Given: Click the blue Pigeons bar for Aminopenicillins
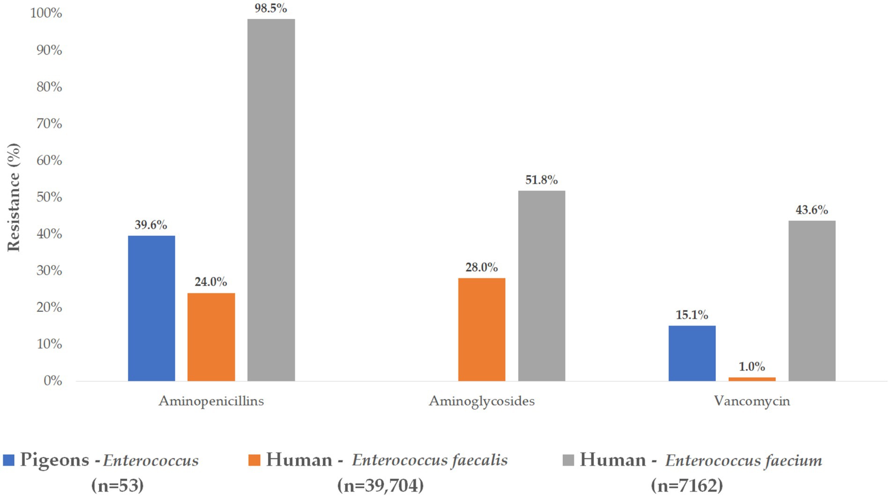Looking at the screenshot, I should click(x=151, y=308).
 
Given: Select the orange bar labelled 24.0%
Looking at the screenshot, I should click(x=211, y=337).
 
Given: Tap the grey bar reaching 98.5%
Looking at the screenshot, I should click(x=271, y=200).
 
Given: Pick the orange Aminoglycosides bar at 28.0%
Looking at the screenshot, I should click(x=482, y=329).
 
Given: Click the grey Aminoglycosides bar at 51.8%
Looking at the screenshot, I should click(x=542, y=286).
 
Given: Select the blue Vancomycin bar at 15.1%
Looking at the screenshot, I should click(x=692, y=353).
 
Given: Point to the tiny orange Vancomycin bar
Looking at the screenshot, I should click(x=752, y=379).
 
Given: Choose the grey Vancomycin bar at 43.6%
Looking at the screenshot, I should click(x=812, y=301).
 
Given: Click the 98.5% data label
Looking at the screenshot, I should click(x=271, y=8).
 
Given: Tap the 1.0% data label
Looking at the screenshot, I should click(x=752, y=366).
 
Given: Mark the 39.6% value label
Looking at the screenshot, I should click(x=151, y=225).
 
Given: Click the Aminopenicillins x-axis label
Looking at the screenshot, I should click(x=211, y=401).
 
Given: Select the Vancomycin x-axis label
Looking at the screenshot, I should click(x=752, y=401).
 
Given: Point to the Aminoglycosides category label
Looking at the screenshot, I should click(x=482, y=401).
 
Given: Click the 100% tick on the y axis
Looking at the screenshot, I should click(x=46, y=13).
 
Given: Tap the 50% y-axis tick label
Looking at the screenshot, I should click(x=49, y=197).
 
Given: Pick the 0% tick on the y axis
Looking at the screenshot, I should click(x=52, y=381).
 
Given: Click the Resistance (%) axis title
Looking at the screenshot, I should click(x=14, y=197).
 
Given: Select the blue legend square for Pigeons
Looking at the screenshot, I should click(x=8, y=460).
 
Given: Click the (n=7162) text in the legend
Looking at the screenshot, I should click(x=687, y=485).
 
